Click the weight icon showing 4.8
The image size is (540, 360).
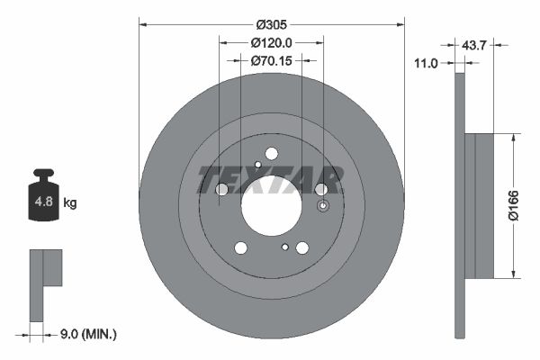tap(43, 197)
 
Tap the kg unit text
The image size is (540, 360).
tap(70, 203)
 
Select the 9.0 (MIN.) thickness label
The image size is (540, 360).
tap(86, 334)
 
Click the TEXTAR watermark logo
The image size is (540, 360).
tap(270, 179)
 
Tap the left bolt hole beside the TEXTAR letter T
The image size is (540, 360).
tap(221, 188)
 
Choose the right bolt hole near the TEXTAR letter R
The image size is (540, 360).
tap(320, 188)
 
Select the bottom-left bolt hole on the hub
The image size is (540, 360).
tap(240, 247)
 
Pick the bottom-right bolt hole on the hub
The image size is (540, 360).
tap(302, 247)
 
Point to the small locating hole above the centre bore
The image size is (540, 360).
tap(257, 165)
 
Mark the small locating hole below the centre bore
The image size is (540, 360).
tap(285, 246)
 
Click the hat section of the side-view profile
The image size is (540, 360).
tap(483, 205)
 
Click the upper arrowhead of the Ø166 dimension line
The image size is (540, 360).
tap(512, 138)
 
